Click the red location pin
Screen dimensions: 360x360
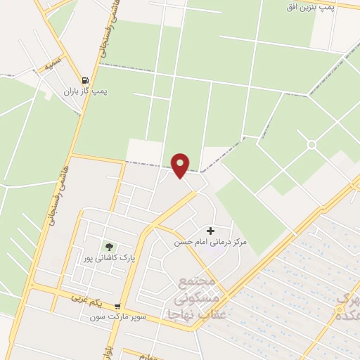[x=181, y=165]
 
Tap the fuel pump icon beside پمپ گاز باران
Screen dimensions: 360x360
[x=85, y=81]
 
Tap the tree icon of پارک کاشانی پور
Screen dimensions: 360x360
[x=109, y=246]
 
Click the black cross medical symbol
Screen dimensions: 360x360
[x=210, y=231]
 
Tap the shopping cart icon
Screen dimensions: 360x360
[x=117, y=306]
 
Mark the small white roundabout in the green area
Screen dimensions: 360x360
[x=311, y=144]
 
